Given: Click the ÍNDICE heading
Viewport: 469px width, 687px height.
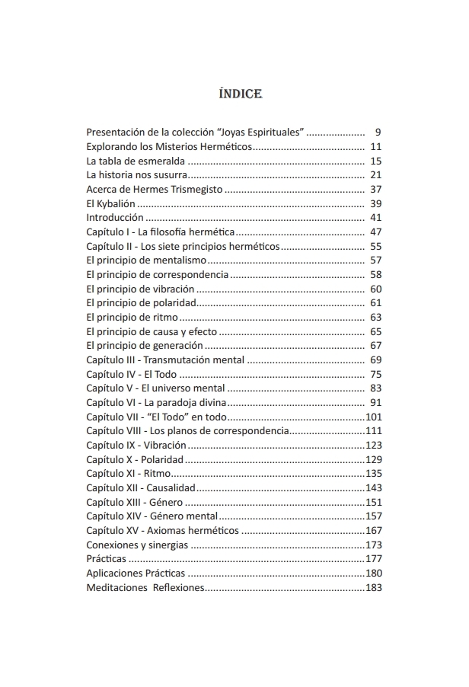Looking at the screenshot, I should pos(240,94).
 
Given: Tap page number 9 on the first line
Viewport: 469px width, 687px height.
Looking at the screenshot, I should pos(378,132).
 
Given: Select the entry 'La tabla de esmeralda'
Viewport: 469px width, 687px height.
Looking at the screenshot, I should pos(136,161).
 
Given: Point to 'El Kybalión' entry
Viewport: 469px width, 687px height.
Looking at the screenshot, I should pos(111,203).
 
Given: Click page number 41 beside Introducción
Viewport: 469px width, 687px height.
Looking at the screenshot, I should pos(375,218).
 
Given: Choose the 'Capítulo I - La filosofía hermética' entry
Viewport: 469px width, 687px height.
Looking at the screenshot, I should pos(160,232).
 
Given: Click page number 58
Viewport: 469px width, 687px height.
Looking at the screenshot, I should pos(375,274).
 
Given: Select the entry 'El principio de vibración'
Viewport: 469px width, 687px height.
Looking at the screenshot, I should pos(141,289).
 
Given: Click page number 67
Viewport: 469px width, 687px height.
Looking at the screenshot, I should pos(375,346).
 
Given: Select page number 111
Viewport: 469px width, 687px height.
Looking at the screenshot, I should pos(373,431).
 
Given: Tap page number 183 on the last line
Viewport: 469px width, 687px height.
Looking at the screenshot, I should pos(373,588).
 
